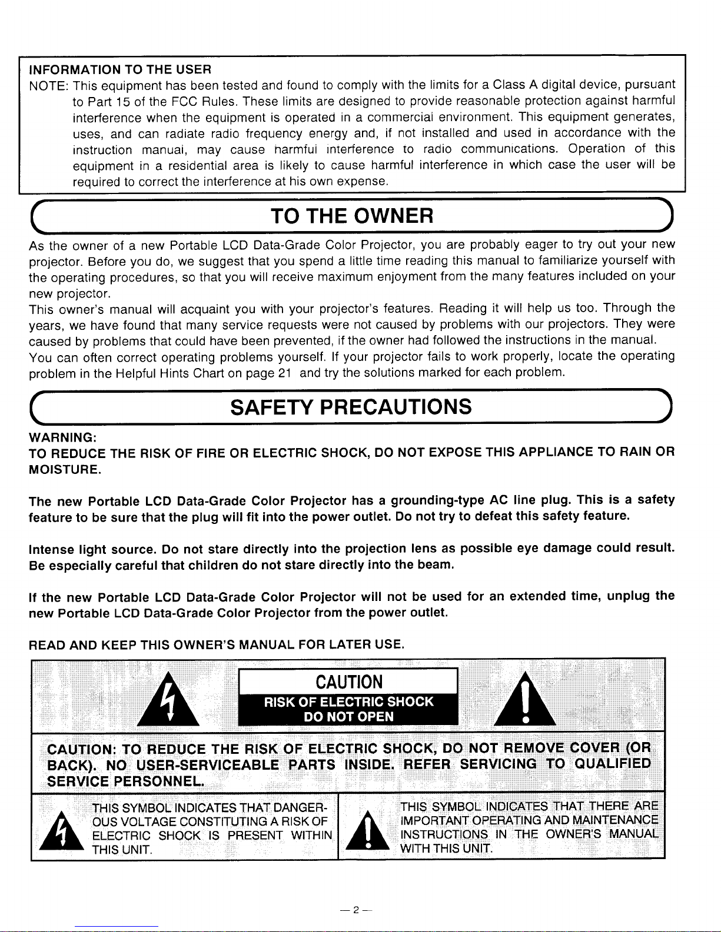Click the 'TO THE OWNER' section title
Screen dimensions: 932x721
pyautogui.click(x=352, y=217)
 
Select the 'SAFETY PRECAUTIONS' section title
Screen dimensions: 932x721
pyautogui.click(x=351, y=406)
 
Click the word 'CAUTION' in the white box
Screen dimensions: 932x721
pyautogui.click(x=349, y=682)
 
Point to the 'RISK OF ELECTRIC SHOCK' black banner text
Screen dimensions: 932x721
pyautogui.click(x=348, y=701)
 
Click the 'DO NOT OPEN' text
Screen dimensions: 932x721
pyautogui.click(x=348, y=717)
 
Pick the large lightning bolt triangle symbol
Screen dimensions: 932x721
pyautogui.click(x=168, y=700)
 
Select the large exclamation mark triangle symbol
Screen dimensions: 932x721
pyautogui.click(x=524, y=700)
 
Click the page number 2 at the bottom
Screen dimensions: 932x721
pyautogui.click(x=355, y=910)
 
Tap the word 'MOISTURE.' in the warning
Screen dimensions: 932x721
pyautogui.click(x=65, y=470)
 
